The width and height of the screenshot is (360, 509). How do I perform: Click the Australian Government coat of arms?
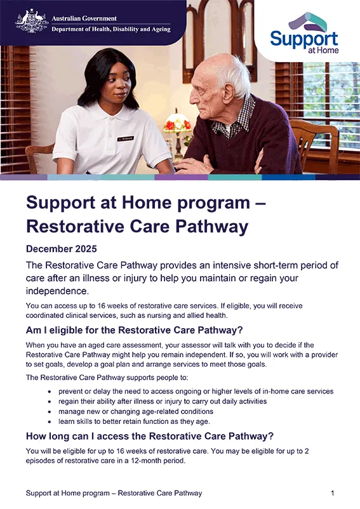pos(32,21)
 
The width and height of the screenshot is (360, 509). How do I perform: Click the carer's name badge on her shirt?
pos(126,137)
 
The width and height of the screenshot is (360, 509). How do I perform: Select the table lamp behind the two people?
pos(177,127)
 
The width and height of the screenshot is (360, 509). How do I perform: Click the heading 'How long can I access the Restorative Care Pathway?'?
pos(149,436)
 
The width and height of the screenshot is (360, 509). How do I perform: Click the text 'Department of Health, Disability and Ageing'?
pos(111,29)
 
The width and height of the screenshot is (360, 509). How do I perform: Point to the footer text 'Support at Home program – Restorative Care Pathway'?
pos(114,493)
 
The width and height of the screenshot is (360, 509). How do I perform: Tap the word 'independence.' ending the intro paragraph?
pos(57,291)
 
